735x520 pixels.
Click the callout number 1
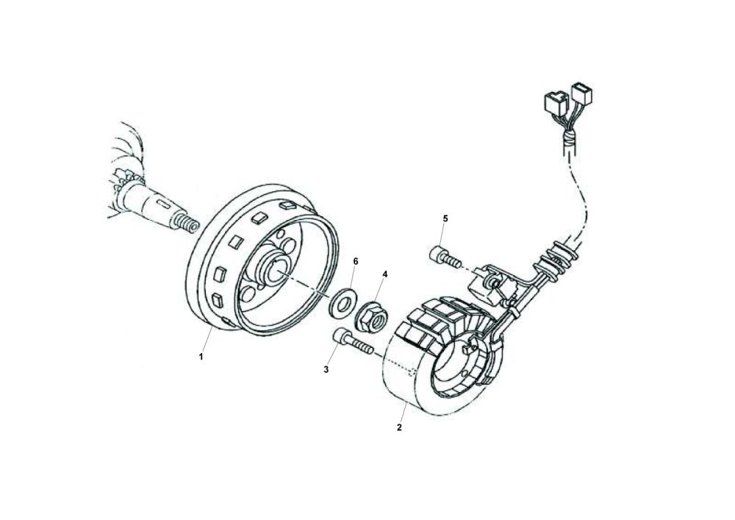tap(200, 356)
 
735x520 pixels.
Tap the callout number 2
tap(399, 427)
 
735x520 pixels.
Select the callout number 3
tap(326, 369)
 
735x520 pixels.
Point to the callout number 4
tap(385, 274)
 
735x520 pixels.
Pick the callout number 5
tap(445, 218)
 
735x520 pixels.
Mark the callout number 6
tap(356, 261)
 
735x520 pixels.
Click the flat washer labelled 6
tap(342, 302)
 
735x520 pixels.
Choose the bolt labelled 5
tap(442, 257)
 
